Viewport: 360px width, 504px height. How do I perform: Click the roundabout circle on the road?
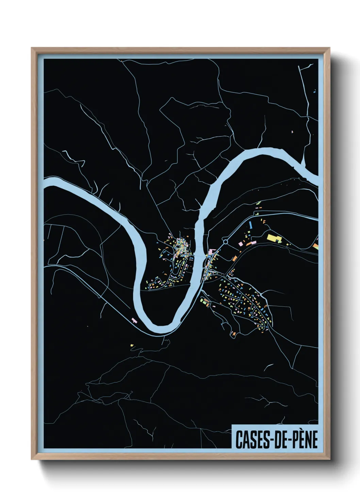tap(225, 242)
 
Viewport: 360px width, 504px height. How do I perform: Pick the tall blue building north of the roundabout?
tap(251, 224)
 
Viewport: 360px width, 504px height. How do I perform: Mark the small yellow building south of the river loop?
tap(132, 345)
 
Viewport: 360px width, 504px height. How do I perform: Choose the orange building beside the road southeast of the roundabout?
tap(234, 259)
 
